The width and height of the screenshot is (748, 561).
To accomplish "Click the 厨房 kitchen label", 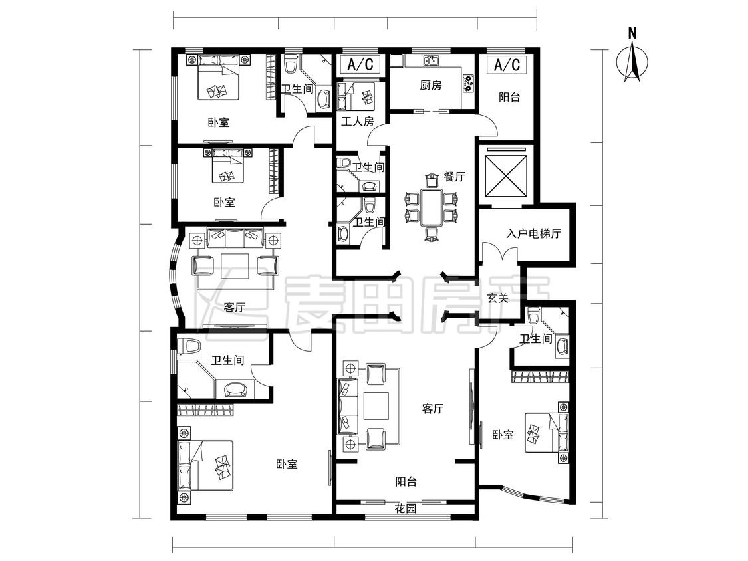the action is click(431, 85).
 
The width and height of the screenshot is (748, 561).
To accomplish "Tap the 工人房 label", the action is click(357, 121).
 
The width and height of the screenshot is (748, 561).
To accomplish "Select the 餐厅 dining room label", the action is click(455, 177).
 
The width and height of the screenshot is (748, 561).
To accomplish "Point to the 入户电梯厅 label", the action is click(534, 233).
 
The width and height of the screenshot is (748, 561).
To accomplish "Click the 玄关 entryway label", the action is click(497, 298).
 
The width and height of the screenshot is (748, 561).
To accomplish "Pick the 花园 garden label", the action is click(406, 508).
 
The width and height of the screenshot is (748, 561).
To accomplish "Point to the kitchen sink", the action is click(432, 60).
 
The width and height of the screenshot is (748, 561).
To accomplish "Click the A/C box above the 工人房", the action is click(360, 64).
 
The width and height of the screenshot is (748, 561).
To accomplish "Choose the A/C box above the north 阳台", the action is click(507, 64).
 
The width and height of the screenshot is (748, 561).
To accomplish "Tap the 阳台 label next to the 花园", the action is click(406, 481).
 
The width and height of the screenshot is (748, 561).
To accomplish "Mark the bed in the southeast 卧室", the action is click(547, 432).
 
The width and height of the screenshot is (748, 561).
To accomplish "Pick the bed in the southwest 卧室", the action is click(205, 465).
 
